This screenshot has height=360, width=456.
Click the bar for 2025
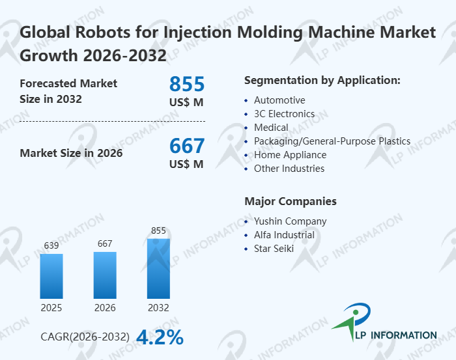(51, 276)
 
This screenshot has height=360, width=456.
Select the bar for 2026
(105, 275)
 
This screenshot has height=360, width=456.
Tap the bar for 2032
(158, 268)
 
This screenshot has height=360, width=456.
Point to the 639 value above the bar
(51, 245)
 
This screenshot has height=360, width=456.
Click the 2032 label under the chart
(158, 308)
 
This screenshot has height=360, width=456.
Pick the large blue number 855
(187, 84)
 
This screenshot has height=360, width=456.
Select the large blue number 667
(187, 145)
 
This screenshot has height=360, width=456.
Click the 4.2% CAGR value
(160, 337)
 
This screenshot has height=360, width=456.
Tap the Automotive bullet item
(279, 100)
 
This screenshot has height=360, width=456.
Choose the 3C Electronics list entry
(284, 114)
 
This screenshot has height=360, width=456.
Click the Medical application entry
(271, 128)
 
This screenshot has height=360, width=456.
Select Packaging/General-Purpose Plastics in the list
(332, 141)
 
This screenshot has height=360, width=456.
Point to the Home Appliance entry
(290, 155)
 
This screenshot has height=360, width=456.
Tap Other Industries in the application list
(289, 169)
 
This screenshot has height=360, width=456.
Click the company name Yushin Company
(290, 221)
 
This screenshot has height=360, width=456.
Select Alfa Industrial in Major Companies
(284, 235)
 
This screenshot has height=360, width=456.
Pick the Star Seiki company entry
(274, 249)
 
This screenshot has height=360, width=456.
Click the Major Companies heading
(291, 201)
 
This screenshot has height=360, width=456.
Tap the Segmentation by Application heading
(322, 81)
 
